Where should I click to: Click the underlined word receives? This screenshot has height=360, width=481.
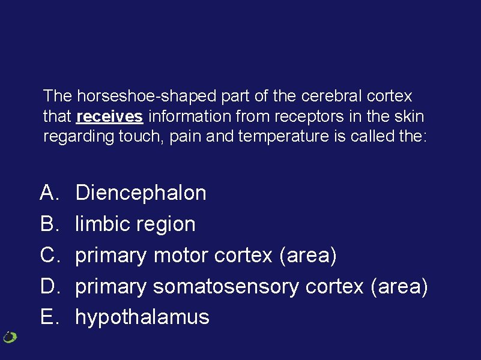tap(110, 116)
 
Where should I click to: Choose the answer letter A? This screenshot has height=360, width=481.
tap(48, 193)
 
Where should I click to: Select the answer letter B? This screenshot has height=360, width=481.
tap(48, 224)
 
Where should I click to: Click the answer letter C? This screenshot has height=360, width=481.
tap(48, 256)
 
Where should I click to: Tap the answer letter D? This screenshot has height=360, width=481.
tap(48, 287)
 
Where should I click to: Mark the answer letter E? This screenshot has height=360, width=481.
tap(48, 317)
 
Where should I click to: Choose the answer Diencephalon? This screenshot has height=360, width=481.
tap(141, 193)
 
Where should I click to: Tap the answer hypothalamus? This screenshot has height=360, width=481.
tap(142, 317)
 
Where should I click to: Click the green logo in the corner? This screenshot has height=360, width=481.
tap(10, 337)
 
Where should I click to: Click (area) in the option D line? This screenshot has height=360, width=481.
tap(399, 287)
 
